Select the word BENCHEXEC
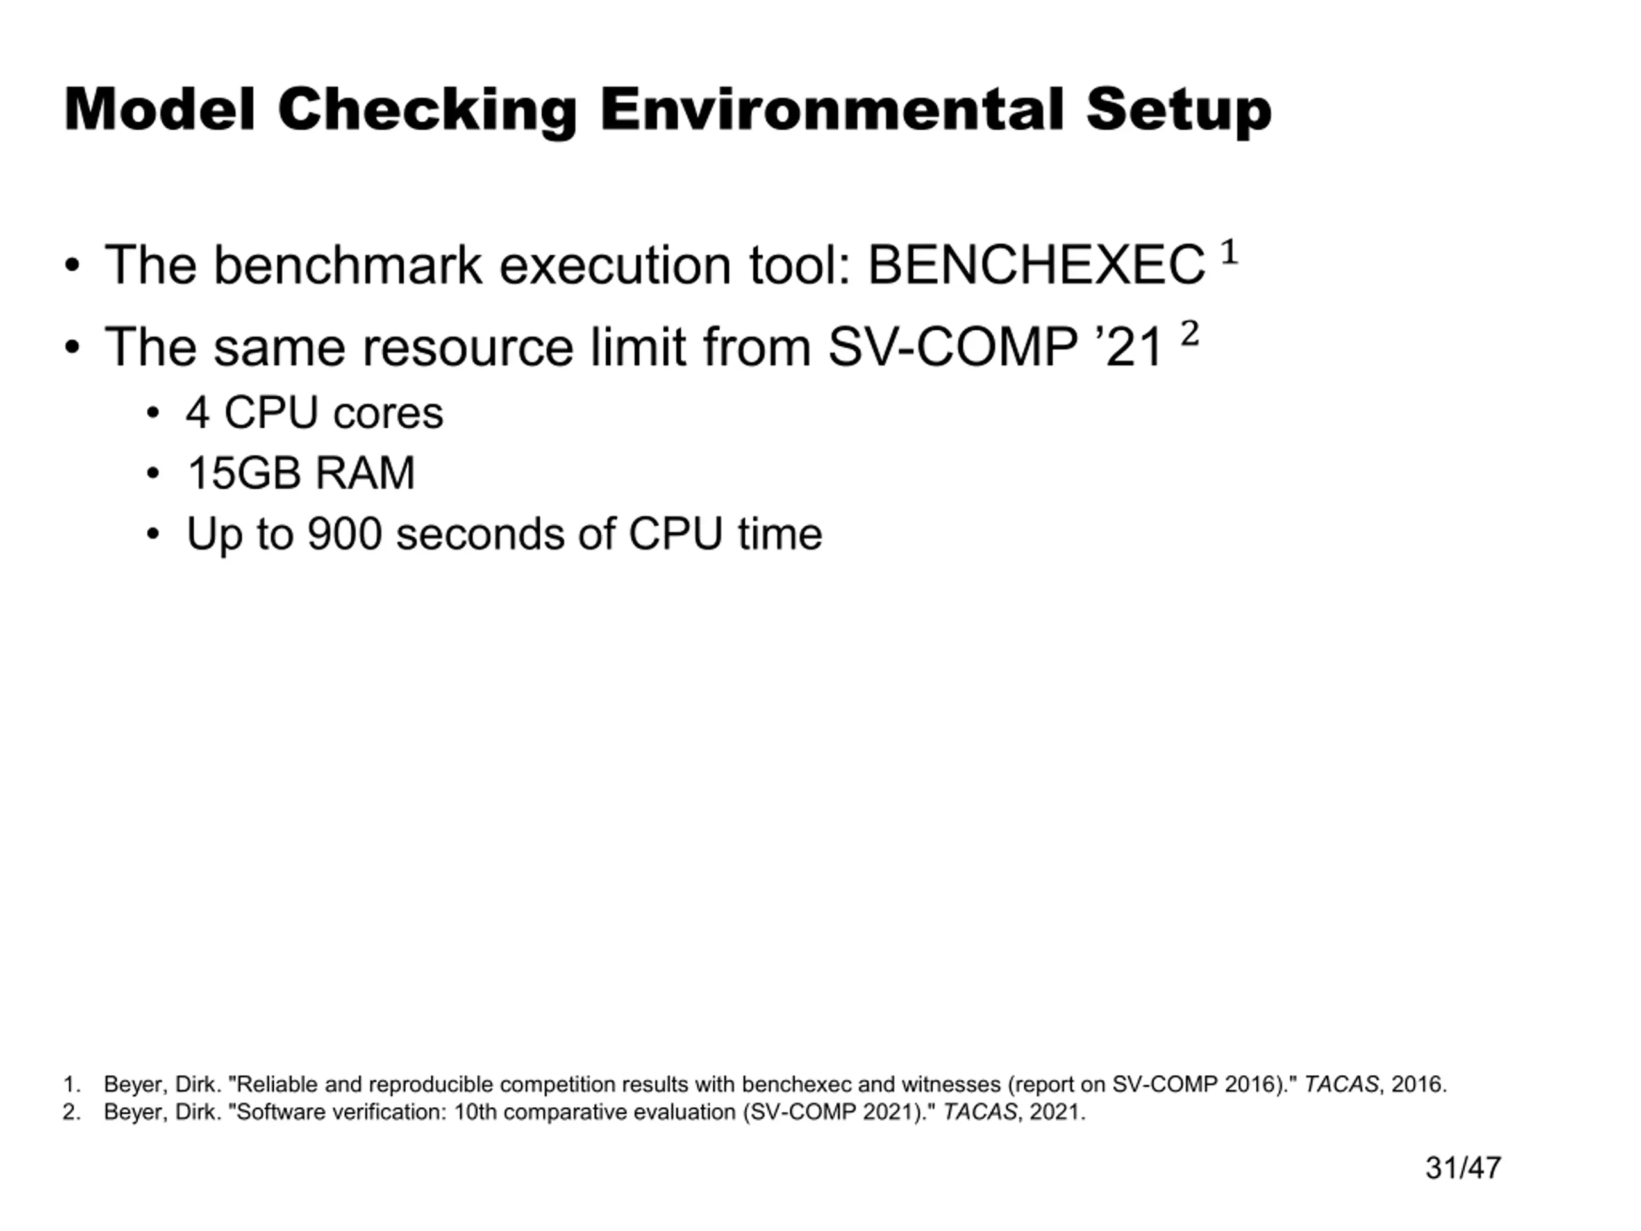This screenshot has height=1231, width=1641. (1037, 265)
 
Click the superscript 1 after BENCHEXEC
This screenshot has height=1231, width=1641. (1229, 251)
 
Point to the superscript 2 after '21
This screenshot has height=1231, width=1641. (1189, 333)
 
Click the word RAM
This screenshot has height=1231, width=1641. (365, 473)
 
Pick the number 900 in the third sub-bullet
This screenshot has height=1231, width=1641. (344, 533)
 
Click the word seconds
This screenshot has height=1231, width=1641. (480, 533)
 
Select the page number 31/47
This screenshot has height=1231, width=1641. (1462, 1168)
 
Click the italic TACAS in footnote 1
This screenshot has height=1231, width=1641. (1341, 1084)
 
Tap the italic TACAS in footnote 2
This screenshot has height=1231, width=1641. (979, 1112)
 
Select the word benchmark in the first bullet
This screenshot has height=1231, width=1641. (347, 265)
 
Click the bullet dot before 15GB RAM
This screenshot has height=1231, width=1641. (153, 473)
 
